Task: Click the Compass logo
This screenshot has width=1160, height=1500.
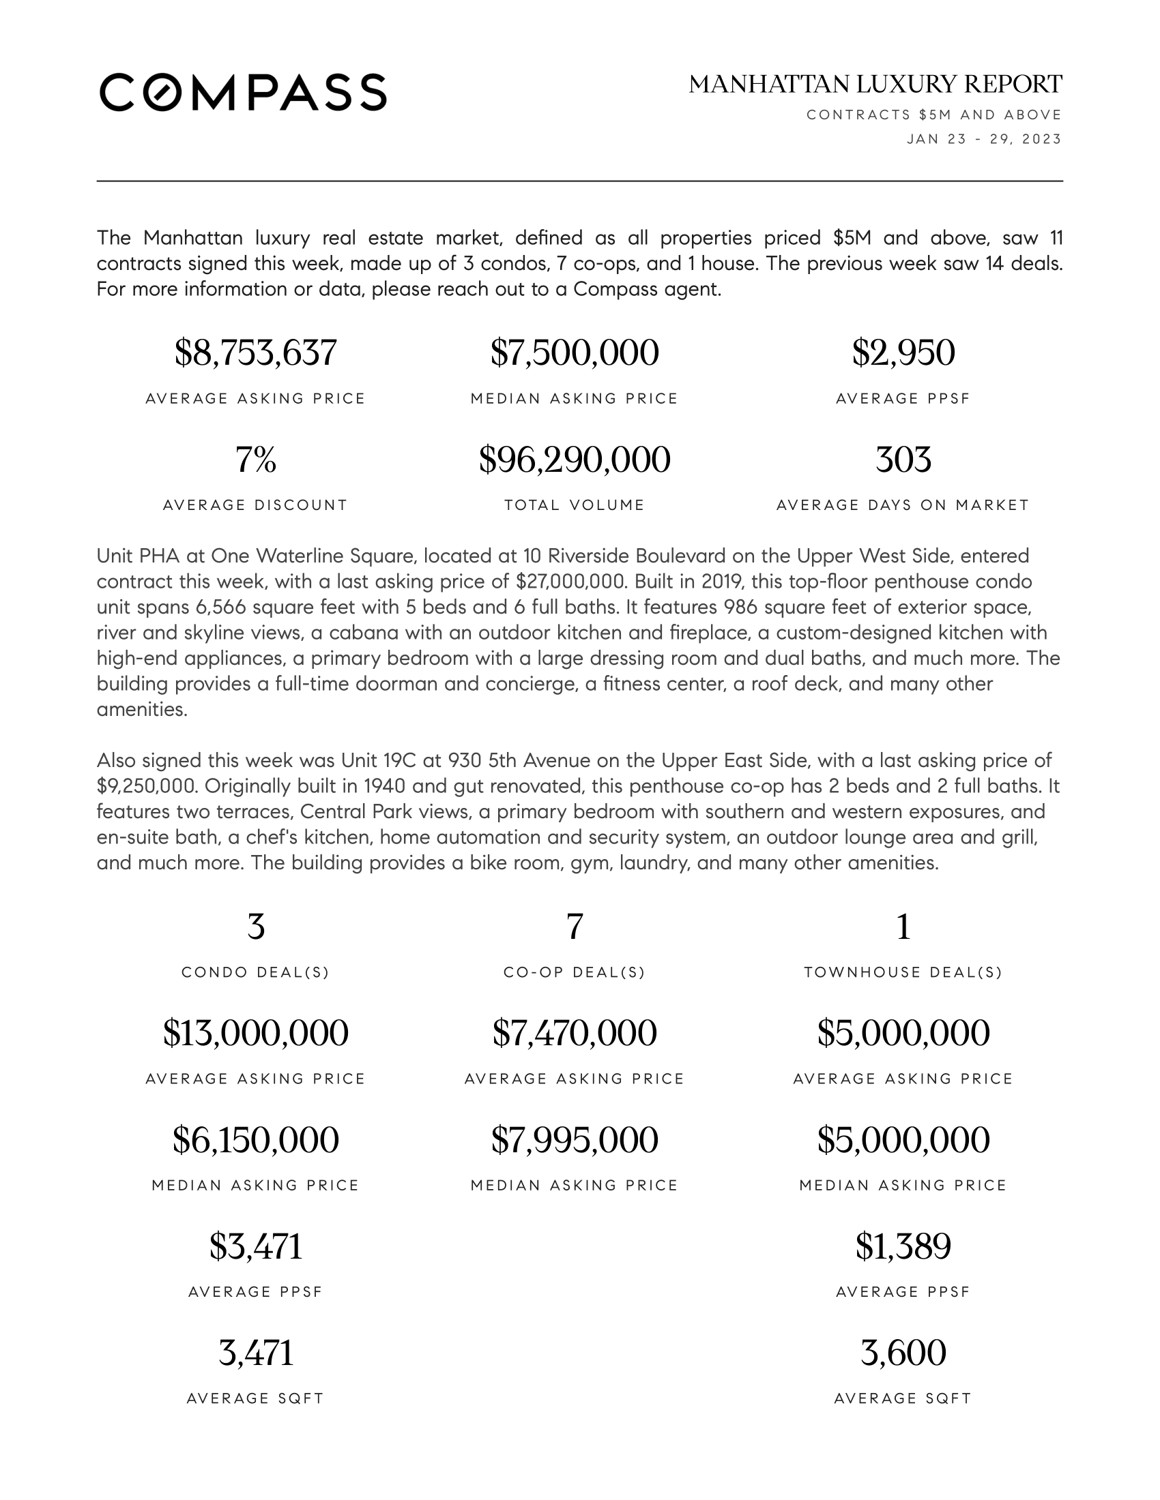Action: pyautogui.click(x=243, y=92)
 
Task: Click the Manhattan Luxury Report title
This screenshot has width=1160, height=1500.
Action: pyautogui.click(x=875, y=85)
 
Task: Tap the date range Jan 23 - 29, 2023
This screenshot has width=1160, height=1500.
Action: pyautogui.click(x=983, y=139)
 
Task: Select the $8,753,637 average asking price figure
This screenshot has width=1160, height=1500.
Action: pyautogui.click(x=256, y=353)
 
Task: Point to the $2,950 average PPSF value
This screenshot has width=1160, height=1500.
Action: pyautogui.click(x=903, y=353)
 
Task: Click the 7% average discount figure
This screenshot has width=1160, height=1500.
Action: pyautogui.click(x=256, y=460)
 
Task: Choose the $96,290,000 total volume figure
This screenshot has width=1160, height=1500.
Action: pyautogui.click(x=575, y=460)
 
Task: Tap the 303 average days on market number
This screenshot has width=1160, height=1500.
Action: pyautogui.click(x=903, y=460)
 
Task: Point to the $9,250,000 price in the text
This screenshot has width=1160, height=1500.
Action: pyautogui.click(x=147, y=785)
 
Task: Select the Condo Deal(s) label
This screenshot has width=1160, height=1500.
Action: pyautogui.click(x=256, y=972)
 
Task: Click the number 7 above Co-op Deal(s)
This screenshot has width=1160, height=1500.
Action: pyautogui.click(x=575, y=927)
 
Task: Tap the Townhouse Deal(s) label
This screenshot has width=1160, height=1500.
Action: pyautogui.click(x=903, y=972)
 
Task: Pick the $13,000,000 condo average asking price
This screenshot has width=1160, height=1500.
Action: pyautogui.click(x=256, y=1033)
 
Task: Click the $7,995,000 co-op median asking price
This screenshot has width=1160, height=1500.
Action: pyautogui.click(x=575, y=1140)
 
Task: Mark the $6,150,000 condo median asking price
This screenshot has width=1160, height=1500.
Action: pyautogui.click(x=256, y=1140)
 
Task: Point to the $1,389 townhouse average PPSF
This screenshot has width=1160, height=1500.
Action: pyautogui.click(x=903, y=1246)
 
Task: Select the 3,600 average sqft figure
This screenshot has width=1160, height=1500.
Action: pyautogui.click(x=903, y=1353)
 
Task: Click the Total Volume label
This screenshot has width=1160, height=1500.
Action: pyautogui.click(x=575, y=505)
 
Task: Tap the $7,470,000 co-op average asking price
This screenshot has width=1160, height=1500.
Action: pyautogui.click(x=575, y=1033)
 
